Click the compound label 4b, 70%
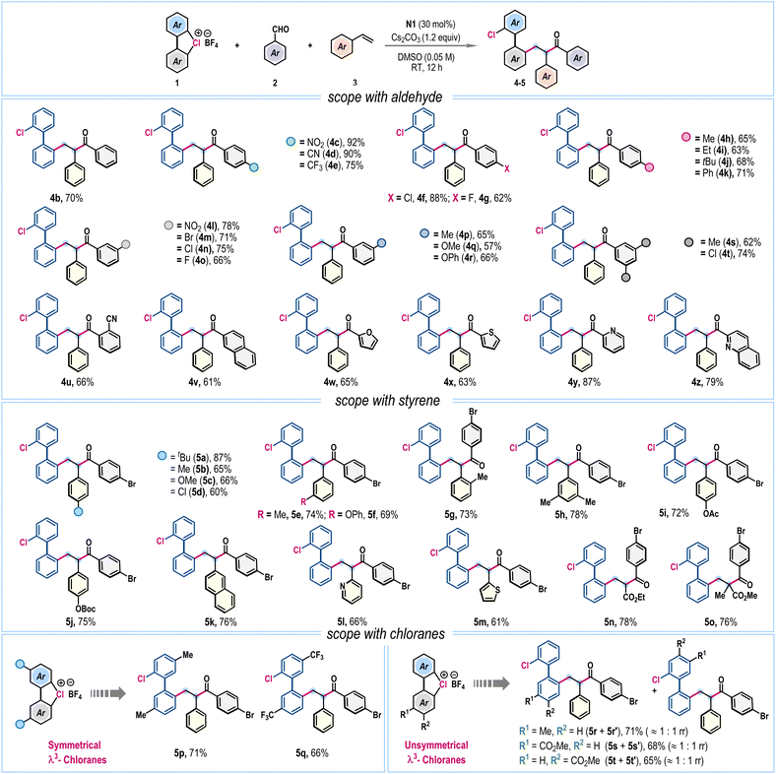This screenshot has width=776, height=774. [66, 198]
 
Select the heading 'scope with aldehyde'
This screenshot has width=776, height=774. [384, 97]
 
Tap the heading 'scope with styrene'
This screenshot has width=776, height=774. [387, 400]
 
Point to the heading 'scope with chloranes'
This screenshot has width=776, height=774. [385, 633]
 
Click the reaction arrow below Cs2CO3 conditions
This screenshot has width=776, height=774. [431, 46]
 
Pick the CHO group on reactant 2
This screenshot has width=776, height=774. [280, 30]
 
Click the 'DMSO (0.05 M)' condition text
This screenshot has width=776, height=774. [426, 57]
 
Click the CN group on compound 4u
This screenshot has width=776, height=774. [111, 319]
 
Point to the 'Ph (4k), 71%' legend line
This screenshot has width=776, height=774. [726, 173]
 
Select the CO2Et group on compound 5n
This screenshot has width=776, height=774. [634, 597]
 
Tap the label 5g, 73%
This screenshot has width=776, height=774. [461, 515]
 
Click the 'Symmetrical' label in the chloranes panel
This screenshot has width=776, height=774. [74, 744]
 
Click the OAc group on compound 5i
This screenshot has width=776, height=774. [711, 514]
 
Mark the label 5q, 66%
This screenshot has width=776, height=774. [312, 752]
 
